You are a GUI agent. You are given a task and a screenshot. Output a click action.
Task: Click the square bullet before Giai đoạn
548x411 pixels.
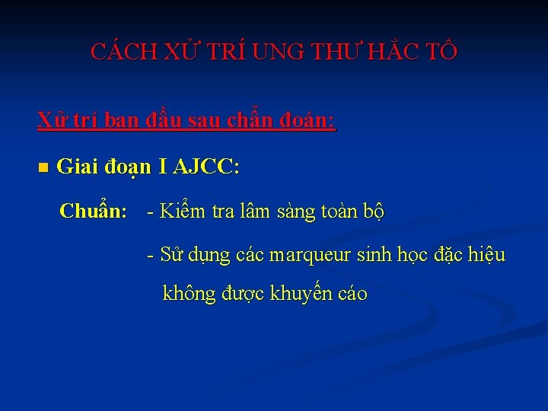coord(43,167)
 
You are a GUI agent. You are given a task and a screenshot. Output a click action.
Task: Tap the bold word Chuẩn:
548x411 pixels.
coord(93,211)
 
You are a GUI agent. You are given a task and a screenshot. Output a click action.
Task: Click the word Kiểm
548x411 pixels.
coord(183,212)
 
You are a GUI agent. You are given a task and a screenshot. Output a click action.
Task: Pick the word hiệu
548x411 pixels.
coord(485,255)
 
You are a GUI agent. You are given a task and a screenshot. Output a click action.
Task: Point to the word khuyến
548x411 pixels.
coord(300,294)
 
